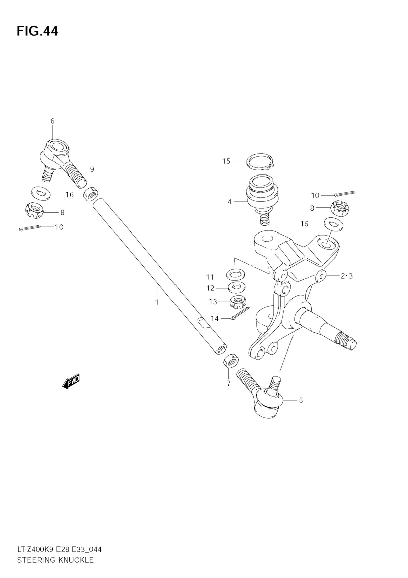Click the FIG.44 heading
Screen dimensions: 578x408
click(x=37, y=31)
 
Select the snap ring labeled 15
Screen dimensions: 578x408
click(x=261, y=161)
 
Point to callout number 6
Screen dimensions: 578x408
click(x=52, y=121)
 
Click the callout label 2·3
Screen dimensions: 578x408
click(x=347, y=276)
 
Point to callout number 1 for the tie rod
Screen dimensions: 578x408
click(x=157, y=302)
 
